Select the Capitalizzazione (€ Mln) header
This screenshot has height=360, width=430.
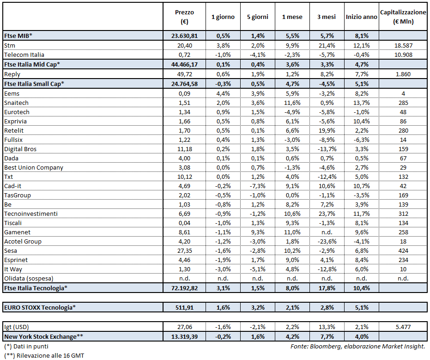point(403,17)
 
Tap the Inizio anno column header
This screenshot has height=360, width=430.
point(362,17)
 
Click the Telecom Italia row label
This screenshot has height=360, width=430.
point(24,55)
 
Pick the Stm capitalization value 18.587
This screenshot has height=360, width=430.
point(403,46)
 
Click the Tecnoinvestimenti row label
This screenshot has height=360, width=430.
point(31,214)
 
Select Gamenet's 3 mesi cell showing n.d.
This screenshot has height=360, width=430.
point(327,232)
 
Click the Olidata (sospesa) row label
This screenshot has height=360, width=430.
point(28,278)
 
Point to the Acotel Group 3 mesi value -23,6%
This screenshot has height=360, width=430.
point(327,241)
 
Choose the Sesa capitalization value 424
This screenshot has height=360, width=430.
point(403,250)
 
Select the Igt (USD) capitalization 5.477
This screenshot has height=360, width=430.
point(403,327)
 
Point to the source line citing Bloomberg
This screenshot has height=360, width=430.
point(357,346)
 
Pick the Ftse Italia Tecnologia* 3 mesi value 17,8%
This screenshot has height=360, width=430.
point(327,288)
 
